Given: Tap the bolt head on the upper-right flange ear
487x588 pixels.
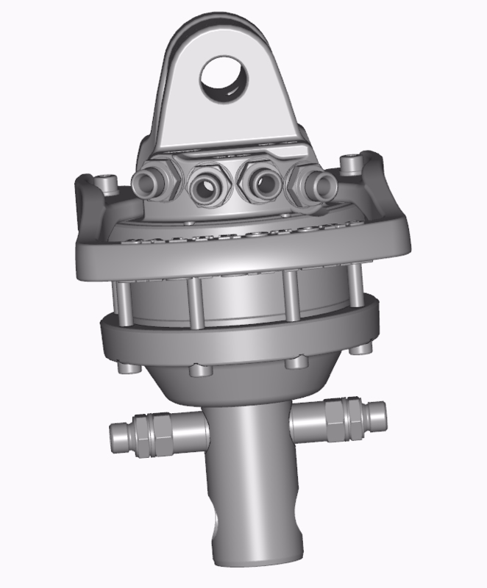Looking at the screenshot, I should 352,159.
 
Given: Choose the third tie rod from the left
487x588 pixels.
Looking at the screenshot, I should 292,297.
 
